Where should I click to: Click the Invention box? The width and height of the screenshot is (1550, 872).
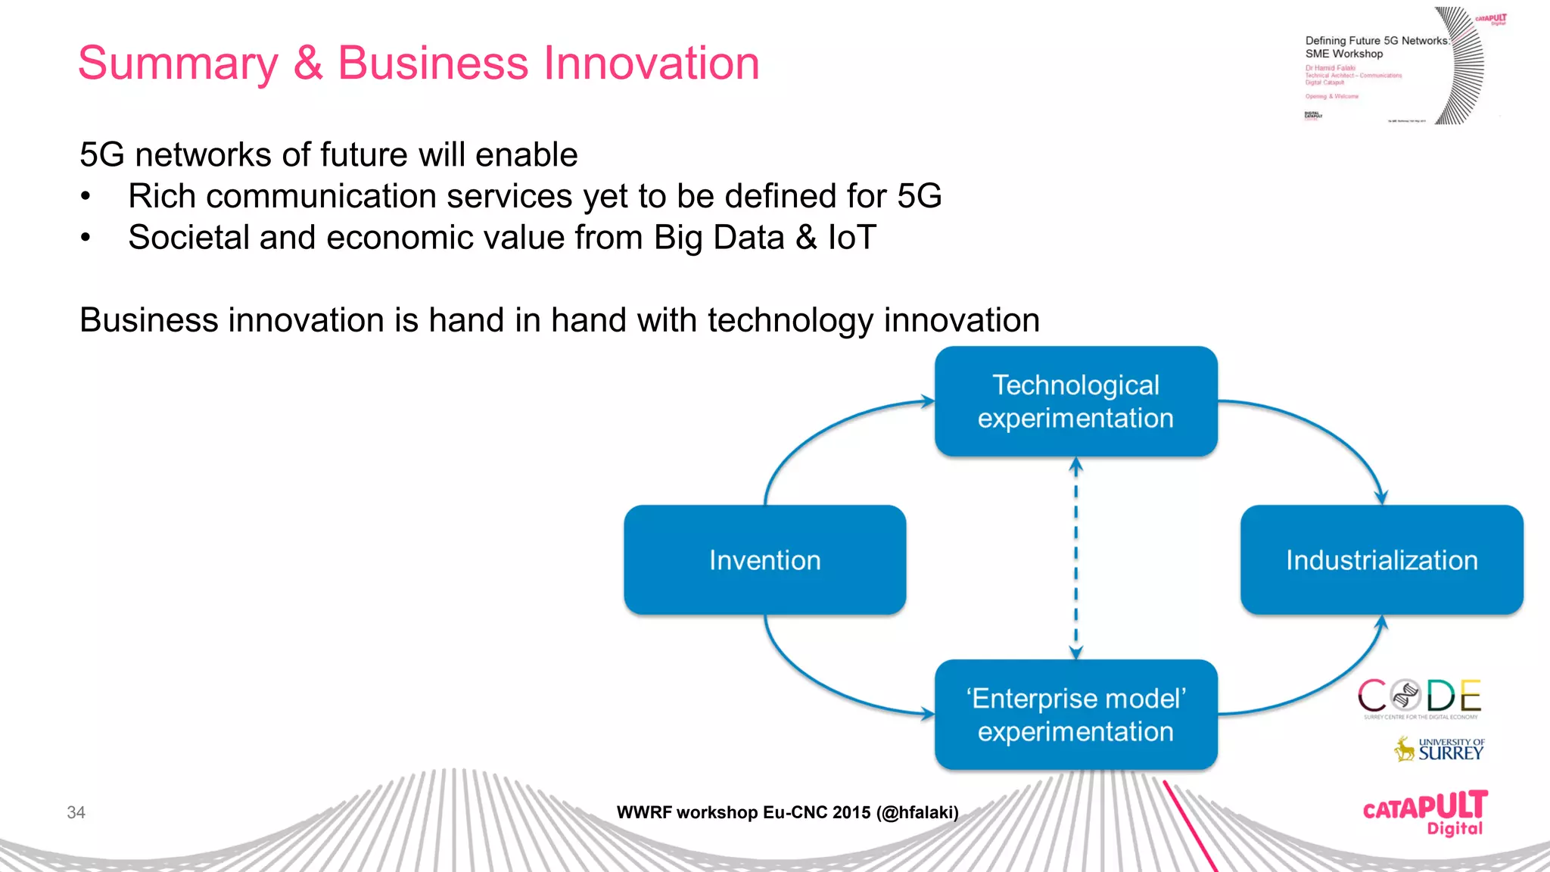point(764,560)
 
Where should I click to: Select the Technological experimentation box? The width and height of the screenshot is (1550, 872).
point(1075,401)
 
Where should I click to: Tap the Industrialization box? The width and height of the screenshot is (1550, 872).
point(1381,560)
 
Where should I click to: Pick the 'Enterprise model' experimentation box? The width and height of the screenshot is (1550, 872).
point(1075,715)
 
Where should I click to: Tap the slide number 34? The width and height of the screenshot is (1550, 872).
point(76,812)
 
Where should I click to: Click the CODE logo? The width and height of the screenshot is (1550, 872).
point(1419,697)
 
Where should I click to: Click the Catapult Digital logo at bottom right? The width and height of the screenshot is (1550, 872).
point(1424,812)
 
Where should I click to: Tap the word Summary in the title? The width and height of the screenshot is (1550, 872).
point(179,64)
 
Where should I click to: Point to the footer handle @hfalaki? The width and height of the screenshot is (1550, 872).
point(917,812)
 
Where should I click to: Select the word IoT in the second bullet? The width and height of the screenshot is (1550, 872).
point(852,238)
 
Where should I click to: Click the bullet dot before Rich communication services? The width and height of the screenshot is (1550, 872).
point(86,197)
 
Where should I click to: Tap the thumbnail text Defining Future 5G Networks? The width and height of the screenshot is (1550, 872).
point(1376,41)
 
